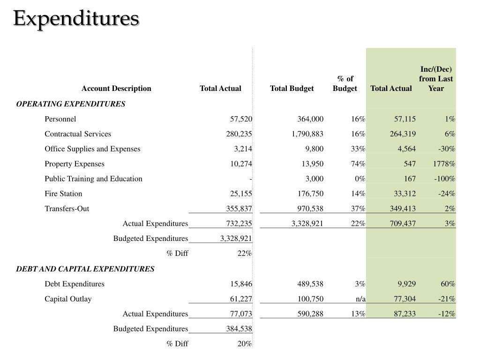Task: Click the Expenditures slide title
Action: click(x=75, y=19)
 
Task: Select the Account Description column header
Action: click(x=116, y=89)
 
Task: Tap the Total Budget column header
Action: click(x=292, y=89)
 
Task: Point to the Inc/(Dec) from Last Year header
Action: click(x=436, y=79)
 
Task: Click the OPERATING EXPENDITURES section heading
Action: click(x=71, y=104)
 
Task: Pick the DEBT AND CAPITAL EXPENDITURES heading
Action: click(x=85, y=269)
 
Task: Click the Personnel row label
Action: click(x=60, y=119)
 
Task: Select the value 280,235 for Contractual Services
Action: click(x=239, y=134)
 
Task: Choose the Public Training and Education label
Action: click(x=93, y=179)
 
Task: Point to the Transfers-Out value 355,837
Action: click(x=239, y=209)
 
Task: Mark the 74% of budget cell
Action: click(x=359, y=164)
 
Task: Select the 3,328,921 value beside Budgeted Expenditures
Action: click(x=236, y=239)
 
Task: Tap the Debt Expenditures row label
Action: click(x=75, y=284)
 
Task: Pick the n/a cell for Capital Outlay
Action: click(x=360, y=299)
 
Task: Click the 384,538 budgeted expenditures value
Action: click(x=239, y=329)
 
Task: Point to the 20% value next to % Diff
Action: click(x=244, y=344)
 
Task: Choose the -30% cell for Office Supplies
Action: click(x=446, y=149)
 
